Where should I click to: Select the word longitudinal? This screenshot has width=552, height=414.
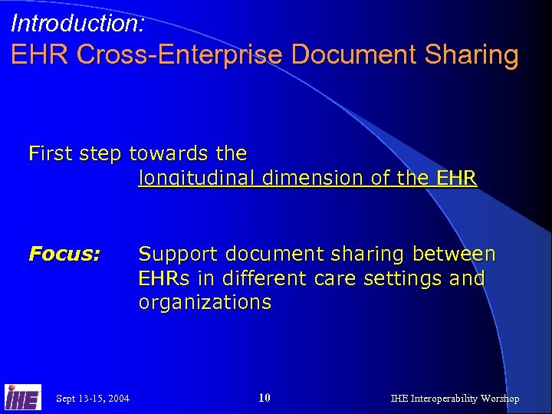click(197, 179)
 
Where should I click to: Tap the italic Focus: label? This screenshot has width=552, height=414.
click(64, 254)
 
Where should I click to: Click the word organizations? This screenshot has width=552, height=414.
click(205, 302)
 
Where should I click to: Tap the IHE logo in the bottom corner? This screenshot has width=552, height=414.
click(23, 396)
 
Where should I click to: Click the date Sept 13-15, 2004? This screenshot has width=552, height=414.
click(93, 398)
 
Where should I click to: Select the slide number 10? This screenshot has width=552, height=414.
click(264, 397)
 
